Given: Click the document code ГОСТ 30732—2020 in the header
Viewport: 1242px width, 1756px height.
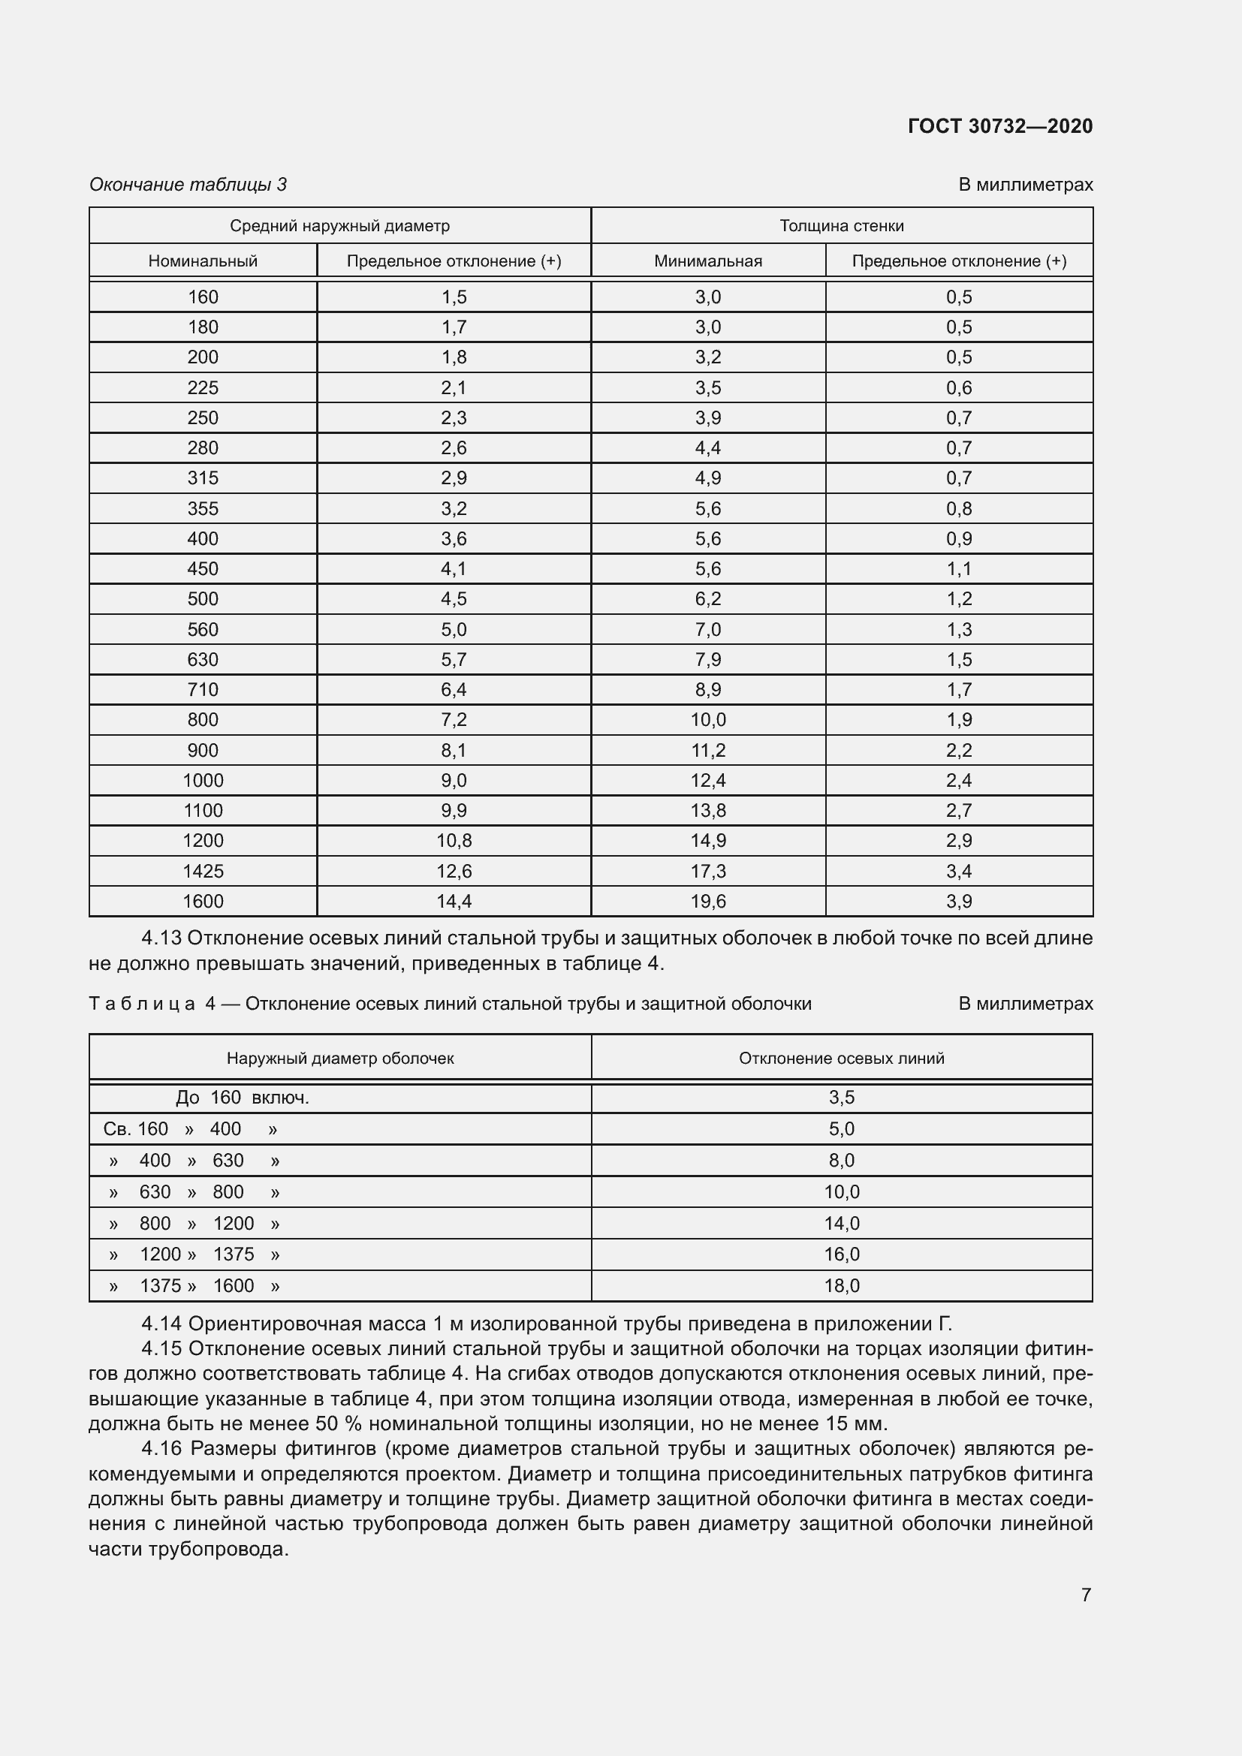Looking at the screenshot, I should point(999,126).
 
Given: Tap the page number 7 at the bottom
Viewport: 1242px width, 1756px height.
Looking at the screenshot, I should point(1086,1595).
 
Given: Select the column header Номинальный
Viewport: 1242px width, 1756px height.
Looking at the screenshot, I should point(203,261).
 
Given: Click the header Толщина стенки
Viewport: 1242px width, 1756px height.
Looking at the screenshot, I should point(841,226).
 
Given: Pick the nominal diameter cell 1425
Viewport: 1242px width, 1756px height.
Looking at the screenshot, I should point(203,870).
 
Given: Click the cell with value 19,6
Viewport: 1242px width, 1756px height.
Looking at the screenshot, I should point(707,901).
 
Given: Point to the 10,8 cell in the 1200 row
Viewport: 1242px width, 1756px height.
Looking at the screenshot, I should point(454,841).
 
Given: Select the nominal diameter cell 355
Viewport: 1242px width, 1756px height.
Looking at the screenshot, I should point(203,508).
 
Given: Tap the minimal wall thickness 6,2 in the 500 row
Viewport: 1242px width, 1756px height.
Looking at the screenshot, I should point(707,599).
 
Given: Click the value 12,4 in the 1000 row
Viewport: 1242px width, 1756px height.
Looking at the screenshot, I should point(707,780).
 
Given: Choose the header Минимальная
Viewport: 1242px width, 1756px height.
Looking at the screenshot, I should point(707,261).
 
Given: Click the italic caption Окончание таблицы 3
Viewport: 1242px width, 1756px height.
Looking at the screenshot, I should point(188,185).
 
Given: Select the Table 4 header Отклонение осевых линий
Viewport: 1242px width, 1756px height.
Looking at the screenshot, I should point(841,1058).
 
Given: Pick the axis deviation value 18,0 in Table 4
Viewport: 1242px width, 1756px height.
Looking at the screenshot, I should point(841,1285).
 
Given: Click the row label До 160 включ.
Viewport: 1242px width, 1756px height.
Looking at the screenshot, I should point(243,1098).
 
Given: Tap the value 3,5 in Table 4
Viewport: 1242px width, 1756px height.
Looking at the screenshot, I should point(841,1098).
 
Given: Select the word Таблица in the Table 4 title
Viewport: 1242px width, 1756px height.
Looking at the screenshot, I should point(142,1004).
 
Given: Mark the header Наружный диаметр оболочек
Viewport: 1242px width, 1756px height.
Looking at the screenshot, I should point(340,1058).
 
